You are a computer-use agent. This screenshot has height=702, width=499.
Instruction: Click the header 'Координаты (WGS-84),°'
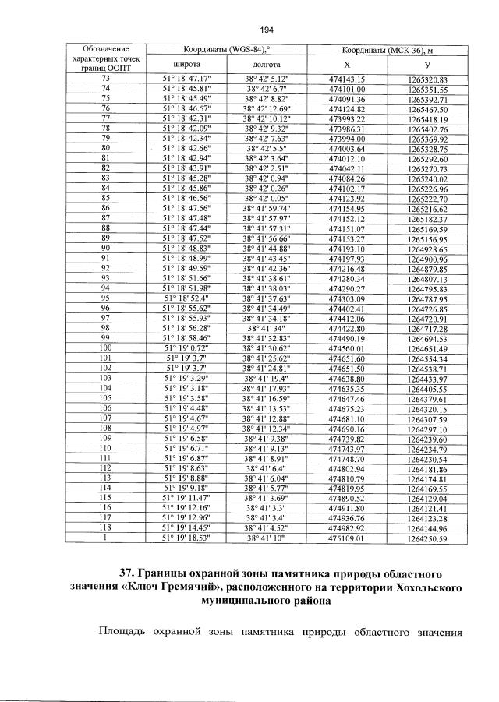tap(226, 49)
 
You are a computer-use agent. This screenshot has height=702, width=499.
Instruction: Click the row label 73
tap(106, 79)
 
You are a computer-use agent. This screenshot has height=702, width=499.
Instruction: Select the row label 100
tap(106, 347)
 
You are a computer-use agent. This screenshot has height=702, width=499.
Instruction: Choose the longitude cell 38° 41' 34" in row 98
tap(267, 328)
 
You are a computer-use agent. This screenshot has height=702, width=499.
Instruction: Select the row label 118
tap(106, 527)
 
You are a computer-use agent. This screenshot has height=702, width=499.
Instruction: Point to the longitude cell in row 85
tap(267, 199)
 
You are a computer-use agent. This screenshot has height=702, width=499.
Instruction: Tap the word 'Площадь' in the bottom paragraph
tap(125, 630)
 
